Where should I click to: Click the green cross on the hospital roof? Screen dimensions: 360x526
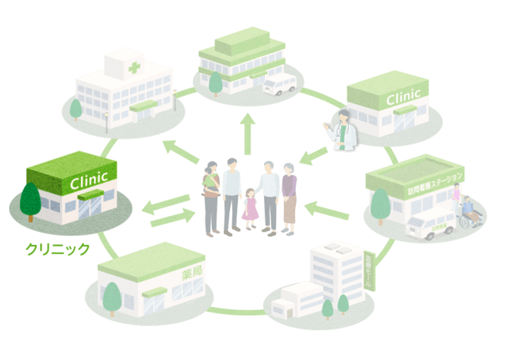134,68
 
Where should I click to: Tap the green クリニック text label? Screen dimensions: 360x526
57,249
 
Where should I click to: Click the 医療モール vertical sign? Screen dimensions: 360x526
370,271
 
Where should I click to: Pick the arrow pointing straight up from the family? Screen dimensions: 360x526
248,133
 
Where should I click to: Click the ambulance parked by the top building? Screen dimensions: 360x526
279,84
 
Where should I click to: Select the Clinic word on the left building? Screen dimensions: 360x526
89,180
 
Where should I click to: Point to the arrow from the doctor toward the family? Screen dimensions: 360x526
313,156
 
